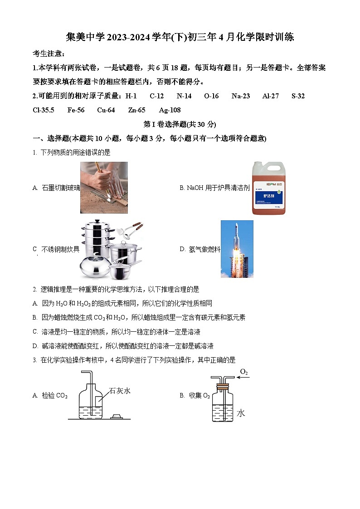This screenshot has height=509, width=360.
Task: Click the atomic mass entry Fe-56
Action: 76,110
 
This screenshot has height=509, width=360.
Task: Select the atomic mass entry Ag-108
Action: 170,110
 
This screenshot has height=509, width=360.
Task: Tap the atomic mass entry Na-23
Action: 240,96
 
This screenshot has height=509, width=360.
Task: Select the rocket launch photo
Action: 237,249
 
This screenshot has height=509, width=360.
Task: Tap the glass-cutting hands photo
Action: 104,187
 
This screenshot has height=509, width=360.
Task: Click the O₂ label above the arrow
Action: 244,372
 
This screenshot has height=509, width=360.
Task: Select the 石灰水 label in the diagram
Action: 120,391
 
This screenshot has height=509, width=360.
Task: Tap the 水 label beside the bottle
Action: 241,413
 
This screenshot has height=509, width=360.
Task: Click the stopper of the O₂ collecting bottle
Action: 222,388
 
